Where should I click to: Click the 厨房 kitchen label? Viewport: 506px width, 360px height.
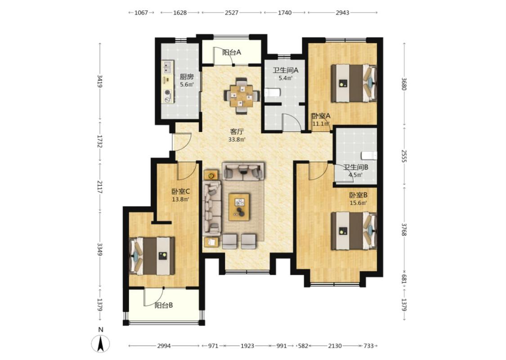point(187,77)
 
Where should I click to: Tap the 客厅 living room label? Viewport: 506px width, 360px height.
point(237,132)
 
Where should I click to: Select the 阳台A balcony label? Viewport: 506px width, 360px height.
point(232,52)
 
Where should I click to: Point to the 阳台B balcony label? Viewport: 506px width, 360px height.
point(164,305)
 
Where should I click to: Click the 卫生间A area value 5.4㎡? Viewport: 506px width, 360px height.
point(286,78)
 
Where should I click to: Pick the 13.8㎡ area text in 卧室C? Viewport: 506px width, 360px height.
point(180,199)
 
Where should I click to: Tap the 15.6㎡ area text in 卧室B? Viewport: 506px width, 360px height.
point(358,203)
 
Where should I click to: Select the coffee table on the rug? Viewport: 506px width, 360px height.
point(239,207)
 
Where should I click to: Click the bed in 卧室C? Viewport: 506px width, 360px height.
point(152,256)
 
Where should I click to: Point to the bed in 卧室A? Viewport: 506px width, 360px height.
point(354,83)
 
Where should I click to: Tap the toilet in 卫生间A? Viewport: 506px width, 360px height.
point(272,93)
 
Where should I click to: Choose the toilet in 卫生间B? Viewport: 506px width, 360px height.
point(369,155)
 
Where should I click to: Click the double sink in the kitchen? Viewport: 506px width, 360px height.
point(167,67)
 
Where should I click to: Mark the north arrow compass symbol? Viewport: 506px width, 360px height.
point(101,343)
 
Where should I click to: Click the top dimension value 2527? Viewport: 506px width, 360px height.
point(232,13)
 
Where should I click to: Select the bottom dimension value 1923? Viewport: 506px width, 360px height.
point(247,346)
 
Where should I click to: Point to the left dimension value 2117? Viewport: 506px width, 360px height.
point(100,187)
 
